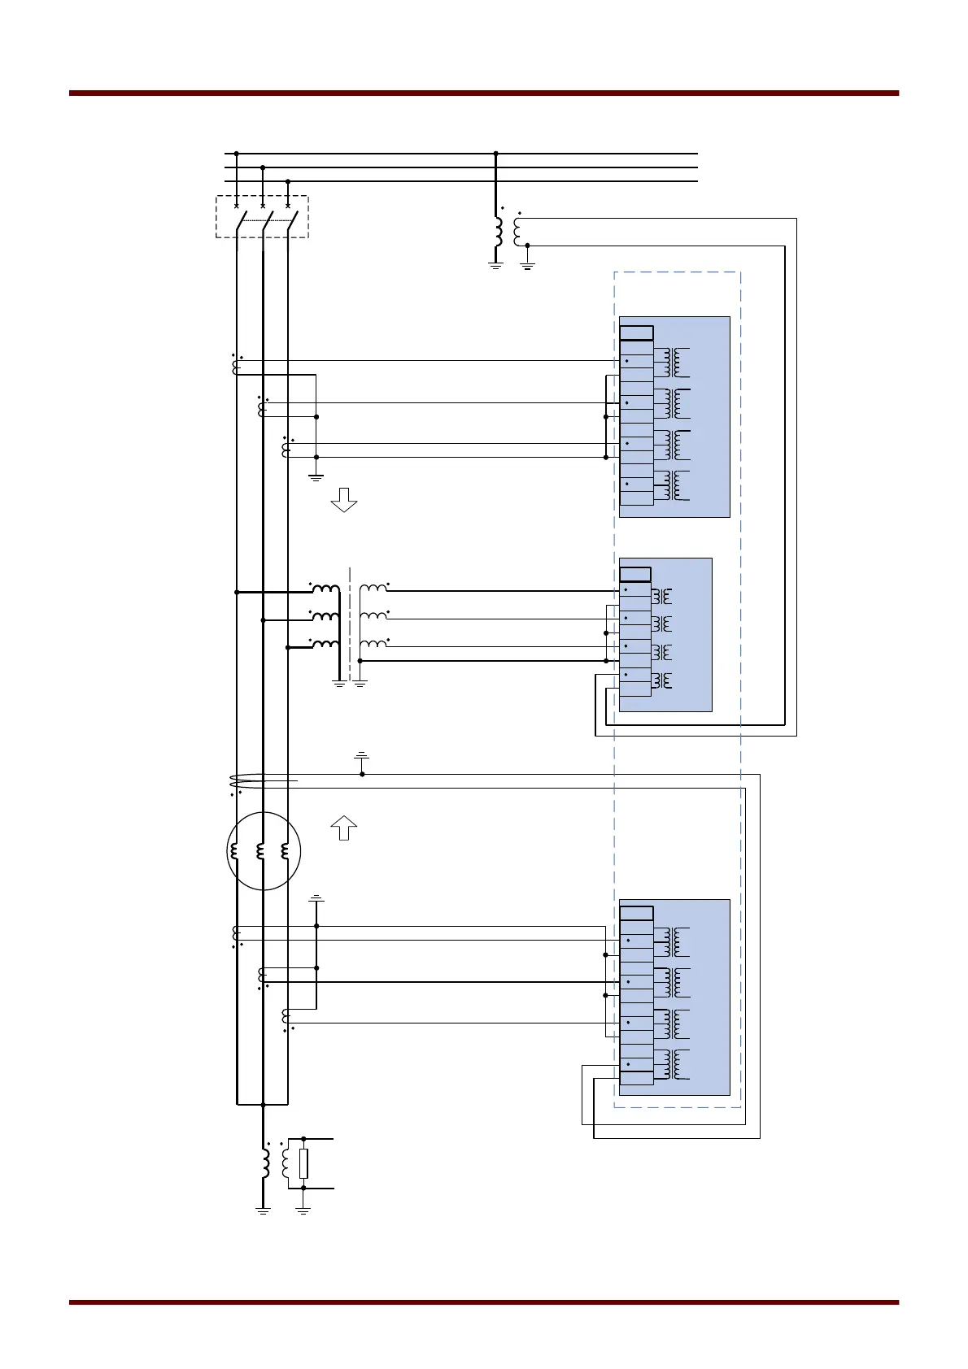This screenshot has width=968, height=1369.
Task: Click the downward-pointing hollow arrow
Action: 344,500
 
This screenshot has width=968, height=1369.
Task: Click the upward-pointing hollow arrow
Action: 344,828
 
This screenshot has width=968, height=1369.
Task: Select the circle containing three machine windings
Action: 264,851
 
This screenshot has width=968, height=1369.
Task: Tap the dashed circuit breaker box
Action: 262,216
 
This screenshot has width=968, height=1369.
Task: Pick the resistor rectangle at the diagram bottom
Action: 303,1163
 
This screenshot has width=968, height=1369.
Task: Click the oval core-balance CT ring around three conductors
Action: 264,781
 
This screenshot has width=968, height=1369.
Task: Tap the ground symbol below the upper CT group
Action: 316,476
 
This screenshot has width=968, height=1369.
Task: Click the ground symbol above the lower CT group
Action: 316,899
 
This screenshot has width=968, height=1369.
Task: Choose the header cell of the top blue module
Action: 636,332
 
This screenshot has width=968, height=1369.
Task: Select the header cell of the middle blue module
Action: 634,575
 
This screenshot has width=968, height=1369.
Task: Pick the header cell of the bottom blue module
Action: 636,913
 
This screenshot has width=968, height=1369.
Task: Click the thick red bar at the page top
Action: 484,93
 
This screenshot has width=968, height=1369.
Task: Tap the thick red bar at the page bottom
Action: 484,1302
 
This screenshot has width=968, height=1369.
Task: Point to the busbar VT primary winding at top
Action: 498,231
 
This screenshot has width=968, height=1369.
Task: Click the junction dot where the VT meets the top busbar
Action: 495,153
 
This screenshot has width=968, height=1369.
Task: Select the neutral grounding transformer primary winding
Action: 266,1163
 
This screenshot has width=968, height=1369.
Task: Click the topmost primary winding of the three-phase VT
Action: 325,589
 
